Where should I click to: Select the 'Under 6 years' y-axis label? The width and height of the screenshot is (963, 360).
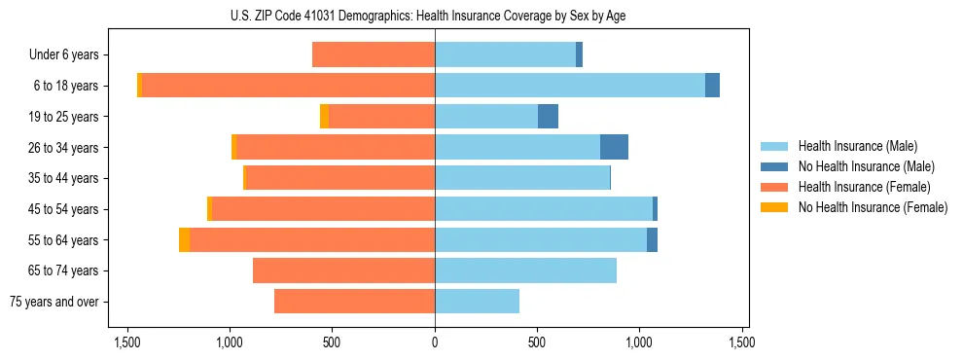pos(64,55)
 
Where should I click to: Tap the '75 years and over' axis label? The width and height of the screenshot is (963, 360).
pos(54,302)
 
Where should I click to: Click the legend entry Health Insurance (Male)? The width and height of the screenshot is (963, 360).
pos(857,146)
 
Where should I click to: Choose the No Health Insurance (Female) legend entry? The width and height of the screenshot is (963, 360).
pos(873,207)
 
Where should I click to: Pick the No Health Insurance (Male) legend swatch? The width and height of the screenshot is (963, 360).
pos(774,166)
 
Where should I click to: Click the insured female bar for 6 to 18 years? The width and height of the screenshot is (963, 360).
pos(288,86)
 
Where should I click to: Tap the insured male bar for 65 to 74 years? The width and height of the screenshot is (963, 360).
pos(525,270)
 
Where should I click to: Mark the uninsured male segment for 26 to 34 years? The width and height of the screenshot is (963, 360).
pos(614,147)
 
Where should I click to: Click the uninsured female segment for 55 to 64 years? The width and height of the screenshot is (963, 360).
pos(185,239)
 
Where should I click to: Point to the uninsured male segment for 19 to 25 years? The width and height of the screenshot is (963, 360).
pos(548,117)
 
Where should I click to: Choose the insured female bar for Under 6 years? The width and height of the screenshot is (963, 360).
pos(374,55)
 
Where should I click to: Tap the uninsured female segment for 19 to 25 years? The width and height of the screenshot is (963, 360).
pos(324,117)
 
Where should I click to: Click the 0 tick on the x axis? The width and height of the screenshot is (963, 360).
pos(435,342)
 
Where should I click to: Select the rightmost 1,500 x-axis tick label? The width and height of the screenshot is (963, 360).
pos(742,342)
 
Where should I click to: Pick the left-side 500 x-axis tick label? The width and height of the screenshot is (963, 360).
pos(332,342)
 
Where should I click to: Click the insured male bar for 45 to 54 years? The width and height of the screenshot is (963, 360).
pos(544,209)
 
